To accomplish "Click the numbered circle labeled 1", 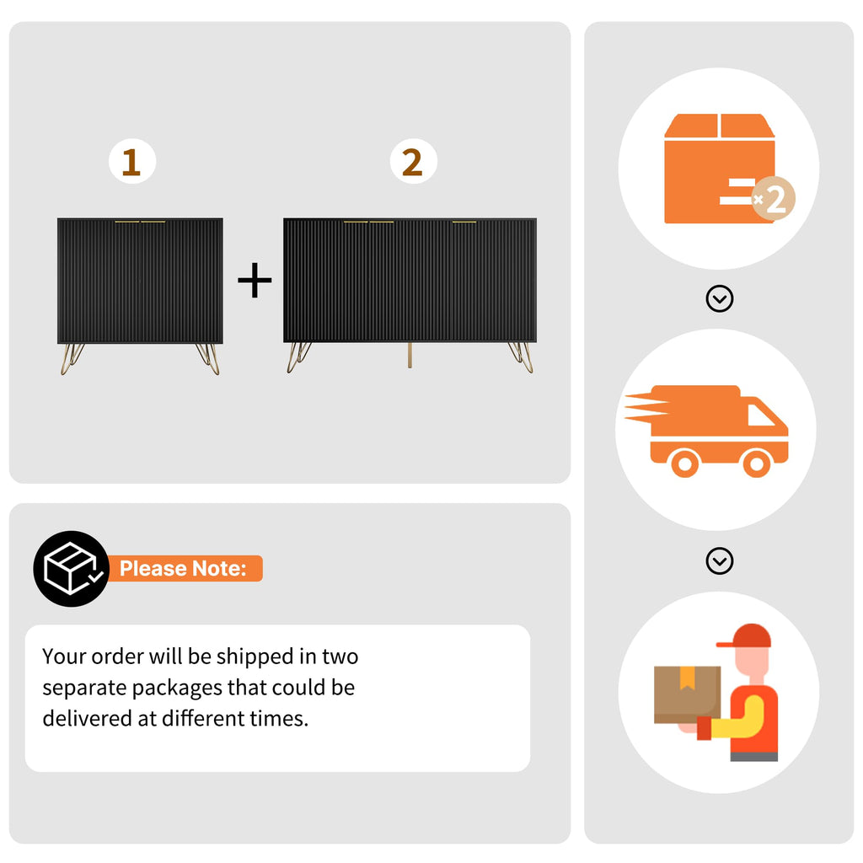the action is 132,161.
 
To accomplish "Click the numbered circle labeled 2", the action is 413,161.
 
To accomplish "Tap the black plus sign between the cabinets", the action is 255,280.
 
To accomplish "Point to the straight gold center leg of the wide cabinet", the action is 410,355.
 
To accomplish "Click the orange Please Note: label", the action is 184,569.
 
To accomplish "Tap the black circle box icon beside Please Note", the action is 71,569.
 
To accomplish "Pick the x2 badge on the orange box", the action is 774,199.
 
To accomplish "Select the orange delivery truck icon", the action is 707,431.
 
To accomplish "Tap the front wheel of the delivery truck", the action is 757,464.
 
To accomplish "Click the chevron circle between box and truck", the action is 720,299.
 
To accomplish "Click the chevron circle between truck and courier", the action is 720,560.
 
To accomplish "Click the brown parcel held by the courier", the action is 687,694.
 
